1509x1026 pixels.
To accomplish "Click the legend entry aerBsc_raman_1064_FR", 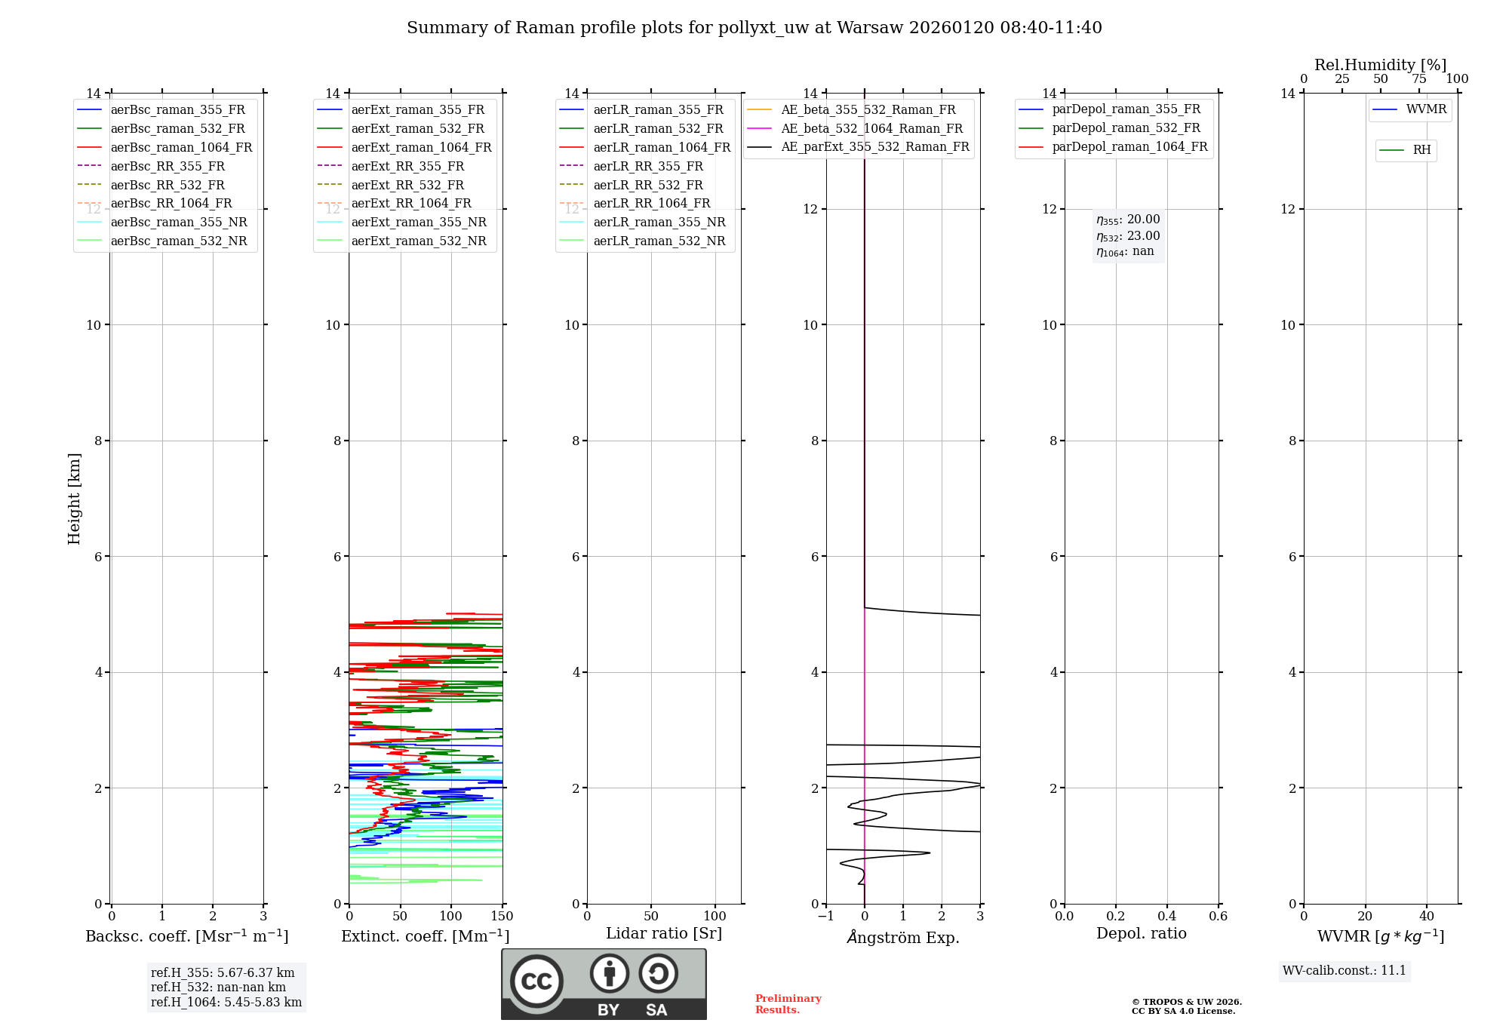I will pos(181,148).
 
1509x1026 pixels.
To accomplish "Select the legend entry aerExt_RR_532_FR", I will pos(407,185).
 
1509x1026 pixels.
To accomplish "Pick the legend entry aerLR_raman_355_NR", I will pos(659,223).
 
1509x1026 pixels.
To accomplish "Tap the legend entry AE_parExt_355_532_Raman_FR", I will pos(874,147).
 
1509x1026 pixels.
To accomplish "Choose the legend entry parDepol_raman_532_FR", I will pos(1126,128).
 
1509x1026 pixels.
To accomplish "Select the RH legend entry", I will pos(1421,150).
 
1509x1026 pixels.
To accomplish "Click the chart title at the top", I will pos(754,28).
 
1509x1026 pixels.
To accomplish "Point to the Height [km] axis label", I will pos(74,499).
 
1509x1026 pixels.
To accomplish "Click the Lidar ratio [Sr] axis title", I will pos(664,933).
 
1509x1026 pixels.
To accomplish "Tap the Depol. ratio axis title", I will pos(1141,933).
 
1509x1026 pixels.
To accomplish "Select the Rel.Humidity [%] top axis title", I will pos(1380,65).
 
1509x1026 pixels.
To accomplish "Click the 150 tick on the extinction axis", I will pos(502,917).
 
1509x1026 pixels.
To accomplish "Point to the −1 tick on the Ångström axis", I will pos(825,917).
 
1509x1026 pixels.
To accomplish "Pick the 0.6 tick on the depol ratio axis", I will pos(1218,917).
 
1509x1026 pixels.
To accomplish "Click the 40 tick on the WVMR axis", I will pos(1426,917).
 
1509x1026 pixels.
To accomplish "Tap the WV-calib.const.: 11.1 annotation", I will pos(1345,971).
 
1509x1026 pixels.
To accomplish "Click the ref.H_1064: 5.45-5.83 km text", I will pos(226,1003).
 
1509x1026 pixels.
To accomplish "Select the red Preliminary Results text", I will pos(788,1004).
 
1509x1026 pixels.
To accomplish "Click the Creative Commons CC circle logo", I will pos(536,981).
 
